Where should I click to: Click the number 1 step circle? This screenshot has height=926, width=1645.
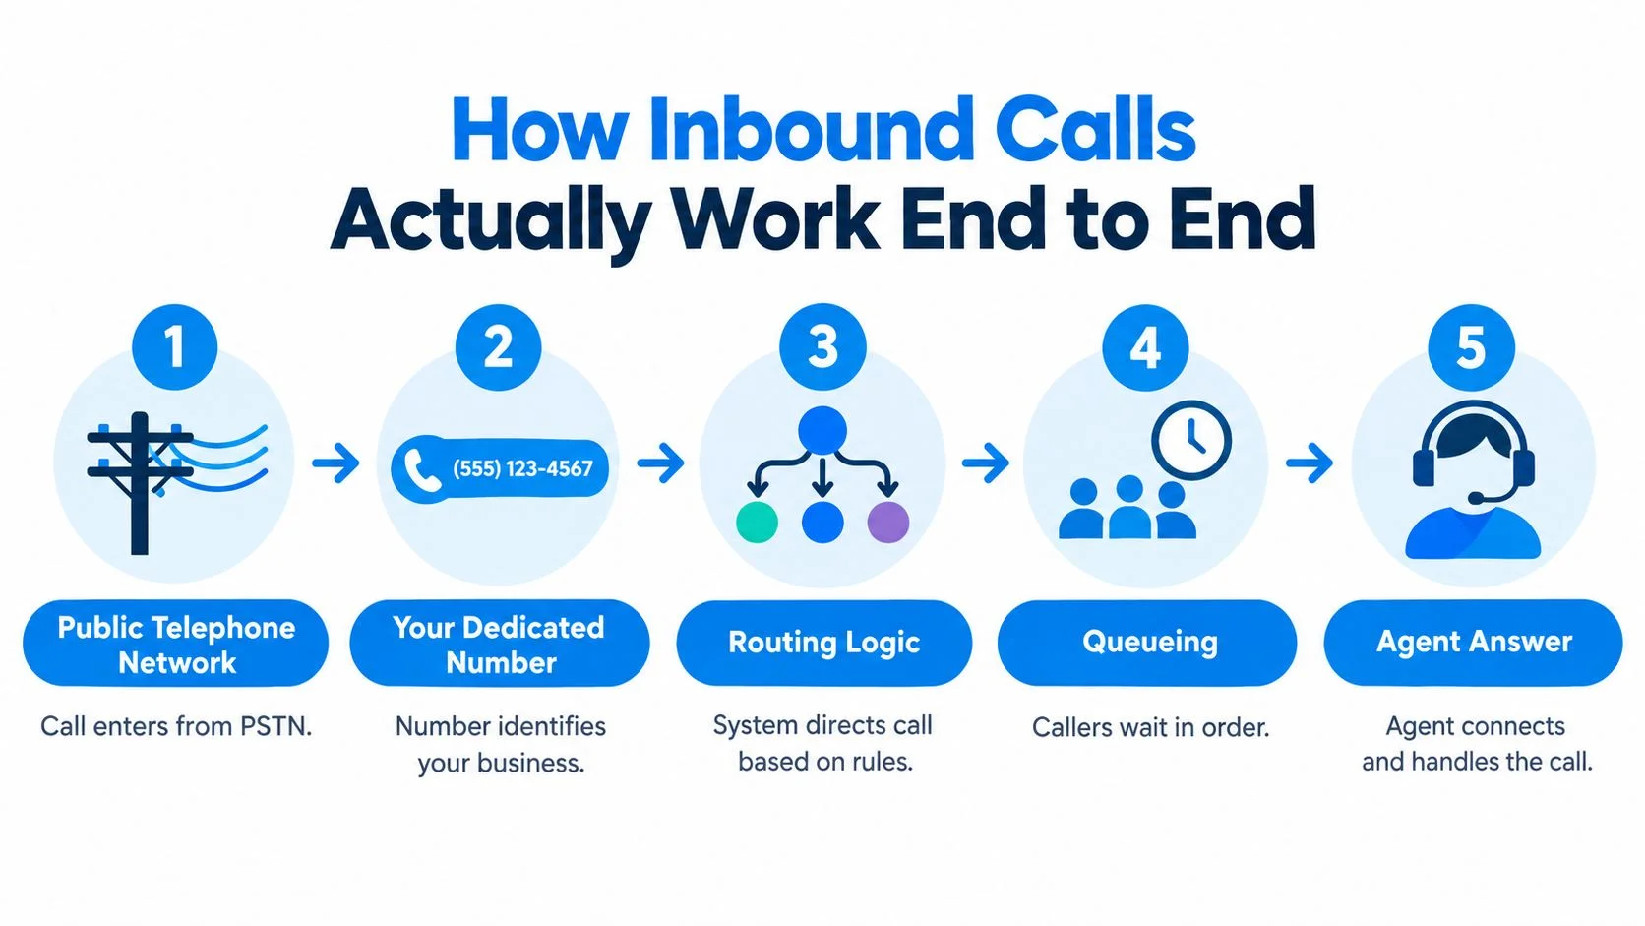click(x=175, y=346)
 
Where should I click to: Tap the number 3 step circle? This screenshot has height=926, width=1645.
click(x=822, y=346)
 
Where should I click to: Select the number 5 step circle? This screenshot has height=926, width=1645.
click(x=1471, y=347)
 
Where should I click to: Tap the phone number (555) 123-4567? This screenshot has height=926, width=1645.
click(x=522, y=468)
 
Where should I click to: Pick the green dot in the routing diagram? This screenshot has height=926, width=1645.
click(x=757, y=523)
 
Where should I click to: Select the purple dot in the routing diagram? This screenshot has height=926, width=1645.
click(x=888, y=523)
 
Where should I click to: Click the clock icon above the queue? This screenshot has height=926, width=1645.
click(x=1191, y=441)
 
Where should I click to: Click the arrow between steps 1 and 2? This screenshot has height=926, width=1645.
click(x=335, y=463)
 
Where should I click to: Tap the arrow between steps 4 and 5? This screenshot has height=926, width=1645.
click(x=1310, y=463)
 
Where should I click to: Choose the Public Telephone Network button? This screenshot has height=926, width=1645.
click(x=175, y=644)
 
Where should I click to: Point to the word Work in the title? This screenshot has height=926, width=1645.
click(x=777, y=218)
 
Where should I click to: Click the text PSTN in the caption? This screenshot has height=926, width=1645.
click(x=276, y=726)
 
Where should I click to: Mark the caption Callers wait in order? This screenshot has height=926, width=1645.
click(x=1151, y=728)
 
